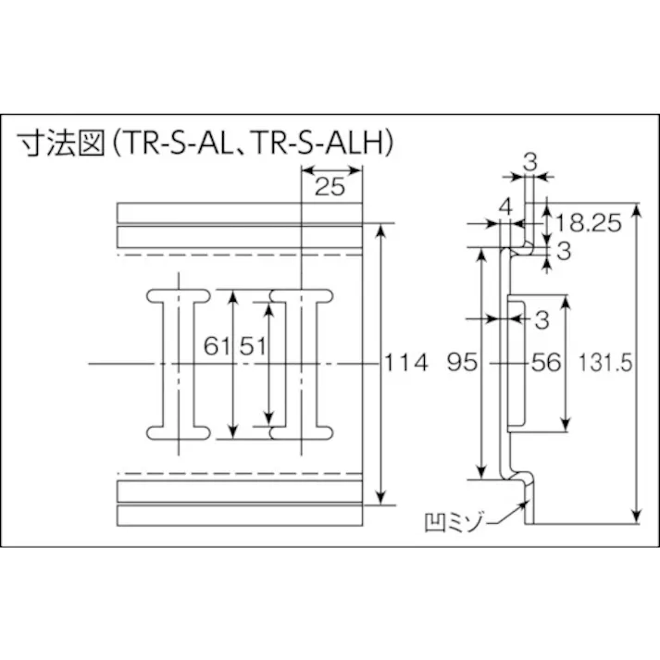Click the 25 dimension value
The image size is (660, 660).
(330, 187)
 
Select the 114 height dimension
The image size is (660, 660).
(405, 363)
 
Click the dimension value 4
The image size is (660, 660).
(504, 206)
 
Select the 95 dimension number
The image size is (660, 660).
(462, 363)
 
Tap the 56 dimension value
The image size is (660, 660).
(546, 363)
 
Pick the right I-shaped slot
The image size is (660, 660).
(300, 363)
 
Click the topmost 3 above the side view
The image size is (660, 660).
(529, 160)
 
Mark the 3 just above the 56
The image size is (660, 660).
(542, 319)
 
